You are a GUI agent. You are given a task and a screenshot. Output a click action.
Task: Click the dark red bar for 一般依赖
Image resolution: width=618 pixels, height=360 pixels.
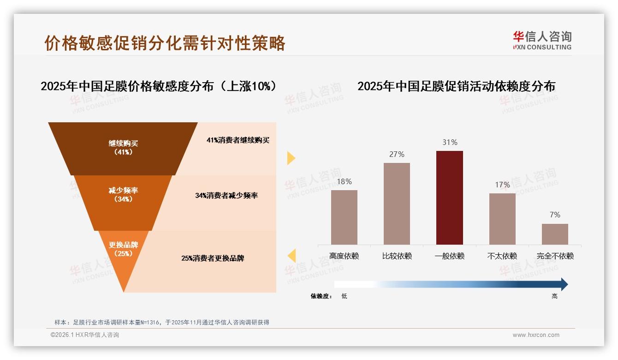pos(449,198)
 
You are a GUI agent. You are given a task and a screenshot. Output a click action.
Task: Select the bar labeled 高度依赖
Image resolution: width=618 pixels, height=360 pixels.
pos(344,217)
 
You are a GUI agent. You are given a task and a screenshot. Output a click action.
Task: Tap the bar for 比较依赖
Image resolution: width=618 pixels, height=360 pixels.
pos(397,204)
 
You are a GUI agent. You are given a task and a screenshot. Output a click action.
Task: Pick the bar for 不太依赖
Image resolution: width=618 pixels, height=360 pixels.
pos(502,219)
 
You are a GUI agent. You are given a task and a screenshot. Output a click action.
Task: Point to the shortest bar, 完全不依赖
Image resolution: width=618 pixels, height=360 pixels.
pos(555,234)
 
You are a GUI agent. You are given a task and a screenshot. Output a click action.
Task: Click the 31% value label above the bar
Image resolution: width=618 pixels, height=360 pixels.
pos(450,143)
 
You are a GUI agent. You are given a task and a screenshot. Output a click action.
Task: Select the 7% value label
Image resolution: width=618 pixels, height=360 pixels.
pos(555,215)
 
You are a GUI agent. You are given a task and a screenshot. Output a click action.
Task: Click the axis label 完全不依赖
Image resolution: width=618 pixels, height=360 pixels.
pos(555,256)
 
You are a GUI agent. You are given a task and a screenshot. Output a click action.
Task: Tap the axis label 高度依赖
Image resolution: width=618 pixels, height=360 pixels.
pos(344,256)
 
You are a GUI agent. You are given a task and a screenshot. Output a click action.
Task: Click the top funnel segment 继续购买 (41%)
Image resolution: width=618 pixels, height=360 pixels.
pos(123,148)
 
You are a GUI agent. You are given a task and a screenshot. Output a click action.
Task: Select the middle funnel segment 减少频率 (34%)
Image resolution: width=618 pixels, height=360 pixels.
pos(123,195)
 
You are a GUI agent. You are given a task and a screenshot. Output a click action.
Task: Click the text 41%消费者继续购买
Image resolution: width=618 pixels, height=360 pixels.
pos(238,140)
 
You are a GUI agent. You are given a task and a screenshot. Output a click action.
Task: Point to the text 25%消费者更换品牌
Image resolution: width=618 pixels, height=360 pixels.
pos(213,258)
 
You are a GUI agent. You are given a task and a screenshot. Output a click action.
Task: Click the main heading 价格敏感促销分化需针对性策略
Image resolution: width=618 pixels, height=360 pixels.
pos(165,43)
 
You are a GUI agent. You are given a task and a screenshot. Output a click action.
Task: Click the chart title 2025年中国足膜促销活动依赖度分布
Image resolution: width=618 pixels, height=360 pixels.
pos(456,86)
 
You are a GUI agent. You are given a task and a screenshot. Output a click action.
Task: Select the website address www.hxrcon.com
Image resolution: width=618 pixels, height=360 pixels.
pos(536,335)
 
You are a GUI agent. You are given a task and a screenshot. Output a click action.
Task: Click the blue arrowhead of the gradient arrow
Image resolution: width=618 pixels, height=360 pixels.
pos(564,284)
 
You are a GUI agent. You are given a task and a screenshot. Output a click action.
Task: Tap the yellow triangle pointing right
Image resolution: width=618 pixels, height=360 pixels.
pos(291,158)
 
